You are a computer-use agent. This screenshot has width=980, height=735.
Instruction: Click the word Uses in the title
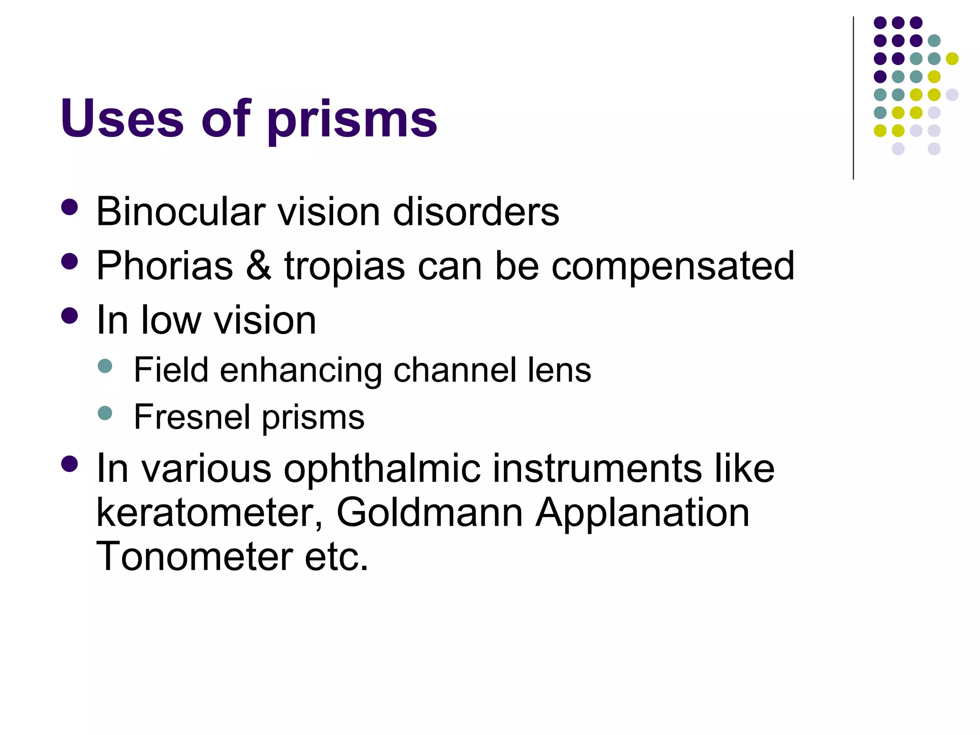(x=122, y=118)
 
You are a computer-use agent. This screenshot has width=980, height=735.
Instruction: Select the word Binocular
(x=180, y=212)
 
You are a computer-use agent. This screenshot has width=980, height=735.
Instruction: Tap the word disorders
(x=476, y=212)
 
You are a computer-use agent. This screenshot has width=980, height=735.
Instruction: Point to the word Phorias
(x=165, y=266)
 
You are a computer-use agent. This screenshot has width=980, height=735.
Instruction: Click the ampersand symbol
(x=258, y=266)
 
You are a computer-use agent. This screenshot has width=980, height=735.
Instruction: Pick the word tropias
(x=345, y=267)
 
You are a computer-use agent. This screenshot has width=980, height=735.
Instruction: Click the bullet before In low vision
(x=70, y=316)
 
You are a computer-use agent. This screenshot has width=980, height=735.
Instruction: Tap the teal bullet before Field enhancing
(x=105, y=367)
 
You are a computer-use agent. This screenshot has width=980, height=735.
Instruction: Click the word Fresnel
(x=191, y=417)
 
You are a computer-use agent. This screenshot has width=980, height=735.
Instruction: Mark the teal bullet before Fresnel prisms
(x=105, y=412)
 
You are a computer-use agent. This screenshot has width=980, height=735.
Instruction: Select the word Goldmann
(x=429, y=512)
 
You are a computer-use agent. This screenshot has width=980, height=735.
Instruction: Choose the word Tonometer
(x=194, y=557)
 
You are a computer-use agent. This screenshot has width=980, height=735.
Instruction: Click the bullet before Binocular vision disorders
(x=70, y=208)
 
